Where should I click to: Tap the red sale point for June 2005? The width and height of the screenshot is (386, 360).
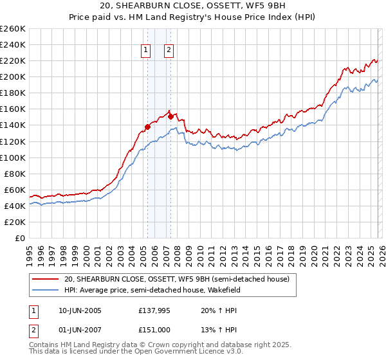(147, 127)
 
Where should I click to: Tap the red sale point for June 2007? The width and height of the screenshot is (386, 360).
(170, 116)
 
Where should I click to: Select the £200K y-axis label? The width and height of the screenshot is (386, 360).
(13, 76)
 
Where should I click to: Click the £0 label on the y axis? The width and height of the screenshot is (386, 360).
(19, 238)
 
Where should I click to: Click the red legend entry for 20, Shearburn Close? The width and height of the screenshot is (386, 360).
(176, 279)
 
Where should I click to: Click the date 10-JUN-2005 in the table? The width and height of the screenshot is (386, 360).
(80, 310)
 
